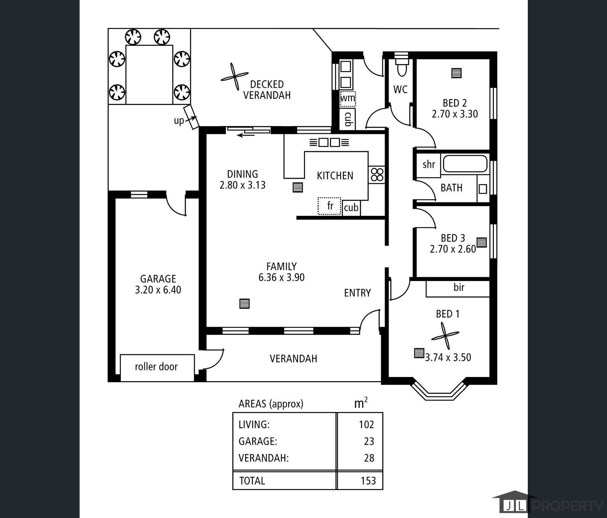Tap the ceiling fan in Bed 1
tap(445, 336)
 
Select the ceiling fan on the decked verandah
tap(234, 77)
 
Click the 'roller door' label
tap(156, 367)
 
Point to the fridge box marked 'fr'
tap(329, 206)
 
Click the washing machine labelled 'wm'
tap(348, 99)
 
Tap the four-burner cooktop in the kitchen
tap(376, 175)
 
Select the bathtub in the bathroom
tap(465, 164)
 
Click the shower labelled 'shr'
tap(428, 164)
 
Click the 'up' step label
tap(179, 121)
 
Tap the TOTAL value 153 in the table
tap(368, 480)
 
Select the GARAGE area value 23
tap(369, 441)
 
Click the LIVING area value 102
tap(366, 424)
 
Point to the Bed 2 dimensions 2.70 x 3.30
tap(455, 114)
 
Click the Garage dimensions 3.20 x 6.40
tap(158, 290)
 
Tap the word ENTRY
tap(357, 293)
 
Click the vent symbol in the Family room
tap(244, 304)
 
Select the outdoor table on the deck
tap(149, 74)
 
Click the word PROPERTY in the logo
tap(568, 506)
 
